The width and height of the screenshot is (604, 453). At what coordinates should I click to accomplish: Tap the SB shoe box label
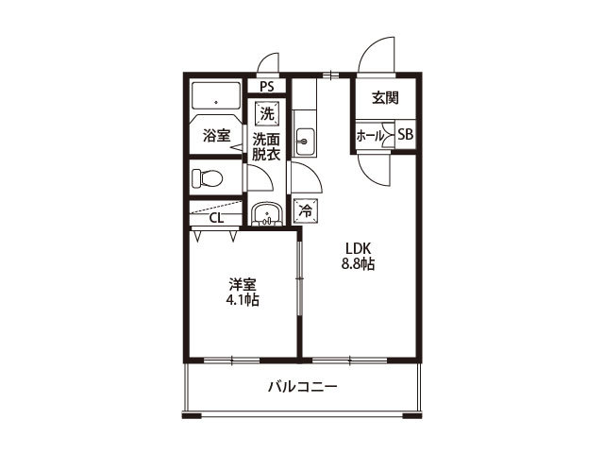[405, 135]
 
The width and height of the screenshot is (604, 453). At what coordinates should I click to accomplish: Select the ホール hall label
[369, 136]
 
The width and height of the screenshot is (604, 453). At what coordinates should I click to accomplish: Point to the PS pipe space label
[267, 87]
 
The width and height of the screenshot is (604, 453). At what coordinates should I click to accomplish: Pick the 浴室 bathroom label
[217, 136]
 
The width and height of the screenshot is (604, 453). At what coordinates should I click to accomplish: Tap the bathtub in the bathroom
[217, 98]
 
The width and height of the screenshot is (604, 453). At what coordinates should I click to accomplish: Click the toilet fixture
[207, 177]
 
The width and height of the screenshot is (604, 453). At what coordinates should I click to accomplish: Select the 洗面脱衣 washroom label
[266, 146]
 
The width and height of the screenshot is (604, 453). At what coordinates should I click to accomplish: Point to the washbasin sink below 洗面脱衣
[268, 213]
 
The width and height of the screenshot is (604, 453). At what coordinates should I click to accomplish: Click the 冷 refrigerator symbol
[305, 211]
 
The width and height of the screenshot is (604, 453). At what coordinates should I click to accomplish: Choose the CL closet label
[216, 219]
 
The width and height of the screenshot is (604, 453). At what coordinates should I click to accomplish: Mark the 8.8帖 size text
[358, 265]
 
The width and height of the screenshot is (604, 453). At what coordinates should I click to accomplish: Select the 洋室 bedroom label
[242, 284]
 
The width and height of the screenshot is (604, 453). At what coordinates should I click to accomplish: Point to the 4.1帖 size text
[242, 300]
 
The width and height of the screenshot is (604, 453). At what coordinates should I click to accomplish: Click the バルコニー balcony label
[302, 387]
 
